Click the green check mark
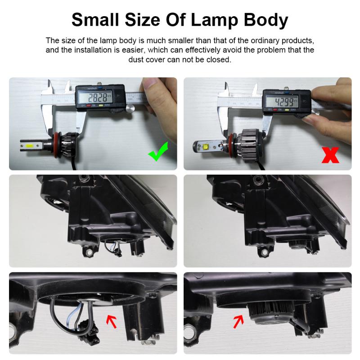158,151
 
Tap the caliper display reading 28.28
100,98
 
